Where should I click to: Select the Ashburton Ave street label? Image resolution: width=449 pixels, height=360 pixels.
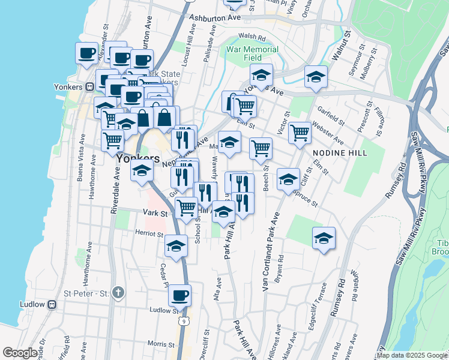[x=214, y=19]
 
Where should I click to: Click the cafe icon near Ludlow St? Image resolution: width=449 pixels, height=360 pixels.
[x=179, y=295]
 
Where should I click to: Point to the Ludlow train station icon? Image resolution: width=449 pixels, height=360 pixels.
[x=52, y=304]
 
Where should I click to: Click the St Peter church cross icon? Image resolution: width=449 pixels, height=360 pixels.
[x=119, y=293]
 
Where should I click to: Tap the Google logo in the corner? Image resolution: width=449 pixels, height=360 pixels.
[x=20, y=353]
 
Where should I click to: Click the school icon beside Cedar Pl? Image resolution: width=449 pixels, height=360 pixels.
[x=176, y=246]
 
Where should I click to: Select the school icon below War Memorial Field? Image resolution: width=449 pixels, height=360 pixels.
[x=262, y=76]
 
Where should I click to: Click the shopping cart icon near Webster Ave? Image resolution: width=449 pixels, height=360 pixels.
[x=300, y=132]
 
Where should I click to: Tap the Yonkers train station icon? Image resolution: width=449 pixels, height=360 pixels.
[x=88, y=86]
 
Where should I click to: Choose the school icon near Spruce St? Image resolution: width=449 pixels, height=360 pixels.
[x=288, y=179]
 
